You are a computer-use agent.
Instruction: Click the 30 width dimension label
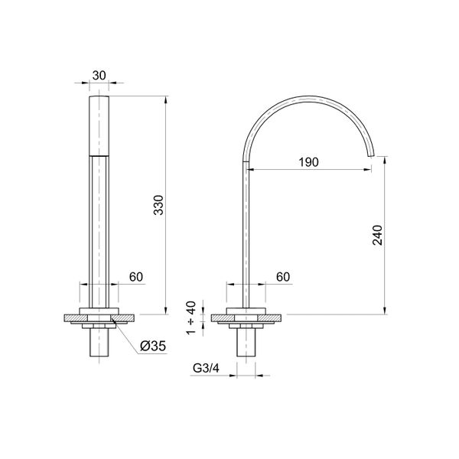pyautogui.click(x=99, y=75)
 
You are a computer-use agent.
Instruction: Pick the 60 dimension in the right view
pyautogui.click(x=282, y=276)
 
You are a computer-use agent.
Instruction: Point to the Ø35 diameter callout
pyautogui.click(x=153, y=347)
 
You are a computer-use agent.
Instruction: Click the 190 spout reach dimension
pyautogui.click(x=308, y=162)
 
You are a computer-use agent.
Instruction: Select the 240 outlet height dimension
pyautogui.click(x=376, y=236)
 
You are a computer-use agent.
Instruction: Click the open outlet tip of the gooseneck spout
pyautogui.click(x=374, y=156)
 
